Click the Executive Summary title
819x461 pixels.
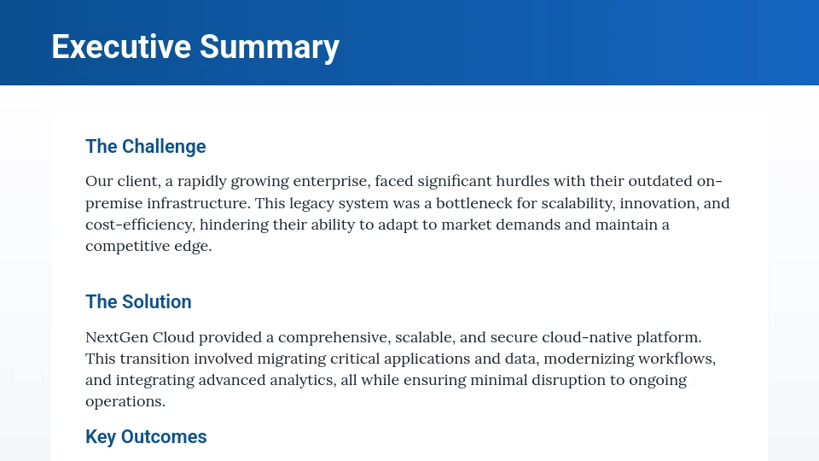point(195,46)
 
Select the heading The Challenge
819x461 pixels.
point(146,146)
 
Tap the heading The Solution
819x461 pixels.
point(138,301)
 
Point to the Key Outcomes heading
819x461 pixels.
point(146,436)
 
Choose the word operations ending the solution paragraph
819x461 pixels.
point(125,401)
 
